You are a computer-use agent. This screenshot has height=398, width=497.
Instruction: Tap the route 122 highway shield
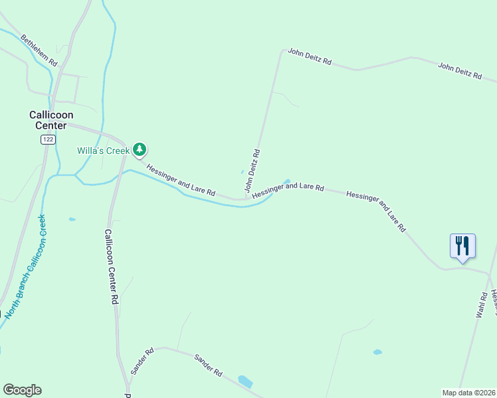coord(47,139)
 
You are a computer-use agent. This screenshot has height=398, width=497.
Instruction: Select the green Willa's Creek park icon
coord(140,150)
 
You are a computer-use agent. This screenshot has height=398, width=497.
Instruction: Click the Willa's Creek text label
coord(103,151)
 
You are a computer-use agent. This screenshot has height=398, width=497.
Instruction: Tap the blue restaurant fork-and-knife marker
coord(462,245)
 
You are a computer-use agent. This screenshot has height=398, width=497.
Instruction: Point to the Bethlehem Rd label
coord(39,50)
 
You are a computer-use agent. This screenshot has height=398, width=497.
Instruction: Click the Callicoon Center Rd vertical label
coord(110,267)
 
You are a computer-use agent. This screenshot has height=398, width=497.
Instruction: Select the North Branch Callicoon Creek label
coord(27,265)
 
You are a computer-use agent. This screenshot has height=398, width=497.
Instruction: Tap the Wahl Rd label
coord(482,302)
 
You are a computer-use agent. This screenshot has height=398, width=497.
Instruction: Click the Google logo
coord(22,390)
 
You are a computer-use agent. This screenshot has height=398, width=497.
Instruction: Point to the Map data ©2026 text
coord(468,392)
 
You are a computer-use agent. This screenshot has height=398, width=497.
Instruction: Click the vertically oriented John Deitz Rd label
coord(252,173)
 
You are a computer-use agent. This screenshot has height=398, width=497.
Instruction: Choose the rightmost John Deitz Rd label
coord(459,71)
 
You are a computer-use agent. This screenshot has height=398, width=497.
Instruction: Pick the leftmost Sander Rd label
coord(142,361)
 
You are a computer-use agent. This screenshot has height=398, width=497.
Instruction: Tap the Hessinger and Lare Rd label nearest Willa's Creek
coord(181,180)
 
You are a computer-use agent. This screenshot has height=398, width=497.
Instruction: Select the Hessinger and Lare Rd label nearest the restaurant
coord(376,209)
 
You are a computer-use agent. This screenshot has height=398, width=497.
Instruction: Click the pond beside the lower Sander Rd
coord(245,381)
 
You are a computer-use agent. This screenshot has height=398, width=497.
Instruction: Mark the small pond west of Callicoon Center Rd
coord(72,219)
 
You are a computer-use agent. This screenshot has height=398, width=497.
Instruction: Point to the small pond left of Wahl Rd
coord(377,352)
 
